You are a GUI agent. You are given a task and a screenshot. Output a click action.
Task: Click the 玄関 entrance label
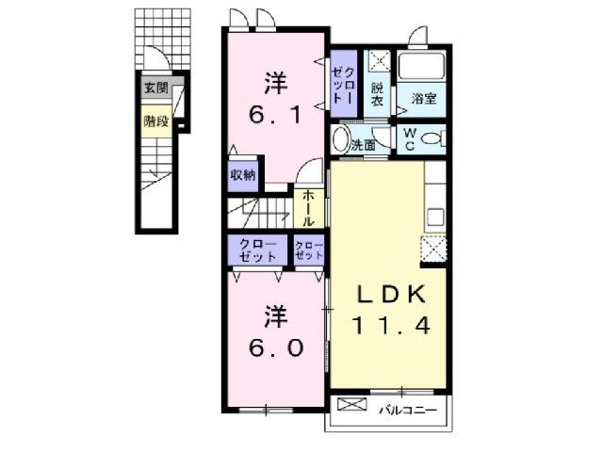[156, 89]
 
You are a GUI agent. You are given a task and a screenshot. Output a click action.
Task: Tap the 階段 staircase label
[156, 121]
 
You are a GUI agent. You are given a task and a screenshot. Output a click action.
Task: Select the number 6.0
[275, 348]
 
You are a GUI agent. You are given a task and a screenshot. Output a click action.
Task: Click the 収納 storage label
[241, 175]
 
